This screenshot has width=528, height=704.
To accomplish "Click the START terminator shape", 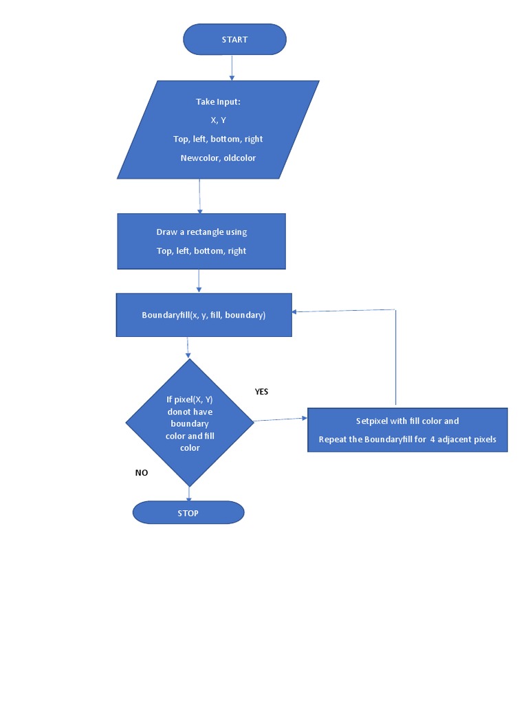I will (234, 40).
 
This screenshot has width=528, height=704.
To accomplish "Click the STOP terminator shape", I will (188, 512).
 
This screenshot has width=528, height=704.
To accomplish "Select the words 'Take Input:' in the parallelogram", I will (218, 102).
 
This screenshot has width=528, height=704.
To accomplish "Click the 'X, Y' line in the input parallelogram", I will (218, 120).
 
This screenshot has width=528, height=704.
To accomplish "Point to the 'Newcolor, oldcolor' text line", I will (218, 158).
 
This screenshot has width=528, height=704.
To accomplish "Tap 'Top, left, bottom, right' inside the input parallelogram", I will (218, 139).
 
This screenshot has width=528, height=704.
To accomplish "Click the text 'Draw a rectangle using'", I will (201, 232).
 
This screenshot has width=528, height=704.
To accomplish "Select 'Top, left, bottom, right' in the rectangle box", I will (201, 251).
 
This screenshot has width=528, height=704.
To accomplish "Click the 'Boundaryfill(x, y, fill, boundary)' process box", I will (203, 316).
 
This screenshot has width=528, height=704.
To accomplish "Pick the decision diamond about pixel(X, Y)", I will (189, 423).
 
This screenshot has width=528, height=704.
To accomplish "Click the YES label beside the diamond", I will (261, 392).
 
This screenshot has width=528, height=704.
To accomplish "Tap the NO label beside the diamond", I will (141, 473).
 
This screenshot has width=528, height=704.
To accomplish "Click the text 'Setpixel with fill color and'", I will (407, 421).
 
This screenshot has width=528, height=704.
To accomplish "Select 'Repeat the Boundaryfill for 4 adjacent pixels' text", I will (407, 439).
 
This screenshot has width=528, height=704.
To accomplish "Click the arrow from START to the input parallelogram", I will (232, 67).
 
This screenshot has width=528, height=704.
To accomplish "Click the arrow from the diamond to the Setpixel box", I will (280, 419).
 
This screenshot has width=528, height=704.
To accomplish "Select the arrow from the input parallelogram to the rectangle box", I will (199, 196).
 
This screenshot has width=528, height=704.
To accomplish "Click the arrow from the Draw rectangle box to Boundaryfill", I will (199, 280).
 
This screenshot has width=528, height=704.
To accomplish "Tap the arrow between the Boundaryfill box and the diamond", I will (188, 348).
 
